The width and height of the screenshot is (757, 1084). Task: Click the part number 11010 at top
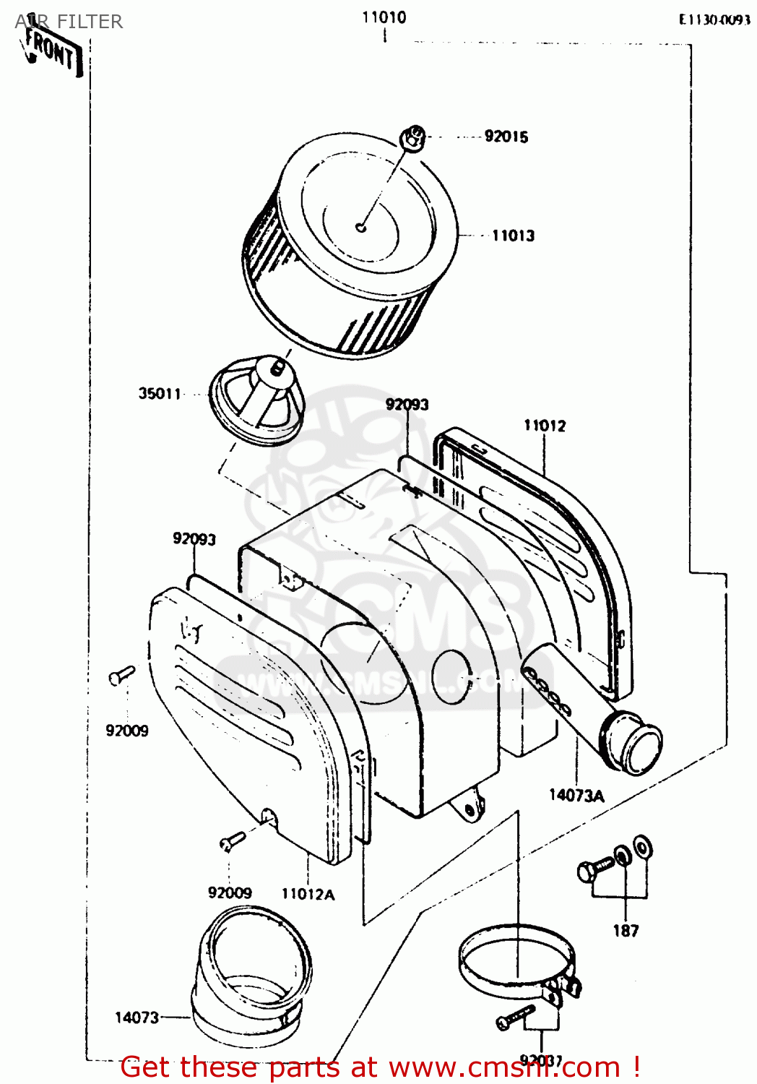tap(384, 17)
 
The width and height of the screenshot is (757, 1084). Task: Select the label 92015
tap(506, 137)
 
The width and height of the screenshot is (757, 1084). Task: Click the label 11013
tap(513, 236)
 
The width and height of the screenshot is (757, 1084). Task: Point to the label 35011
tap(160, 394)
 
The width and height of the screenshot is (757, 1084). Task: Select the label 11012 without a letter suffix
tap(545, 426)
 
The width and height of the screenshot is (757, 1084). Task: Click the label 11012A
tap(308, 895)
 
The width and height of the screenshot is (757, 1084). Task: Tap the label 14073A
tap(576, 796)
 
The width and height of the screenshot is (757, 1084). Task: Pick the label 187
tap(626, 931)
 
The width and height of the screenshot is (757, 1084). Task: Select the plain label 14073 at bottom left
tap(137, 1018)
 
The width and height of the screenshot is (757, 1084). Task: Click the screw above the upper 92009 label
tap(121, 675)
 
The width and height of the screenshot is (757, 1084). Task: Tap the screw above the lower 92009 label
tap(232, 840)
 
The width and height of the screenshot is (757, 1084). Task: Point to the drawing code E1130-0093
tap(714, 20)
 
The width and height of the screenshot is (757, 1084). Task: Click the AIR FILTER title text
tap(69, 22)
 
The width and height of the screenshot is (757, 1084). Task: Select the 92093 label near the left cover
tap(194, 539)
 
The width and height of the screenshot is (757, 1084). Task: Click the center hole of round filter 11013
tap(362, 228)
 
